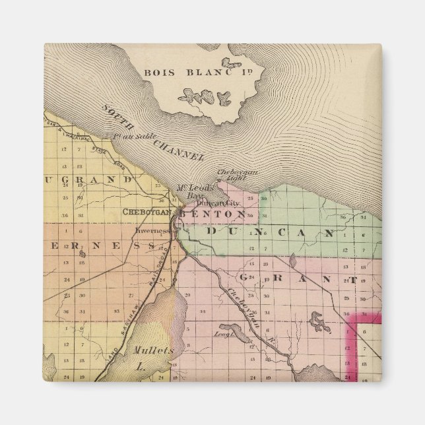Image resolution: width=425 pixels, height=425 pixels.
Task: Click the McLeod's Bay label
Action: point(197,191)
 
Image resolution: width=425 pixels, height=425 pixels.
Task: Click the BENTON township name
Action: point(213,214)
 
